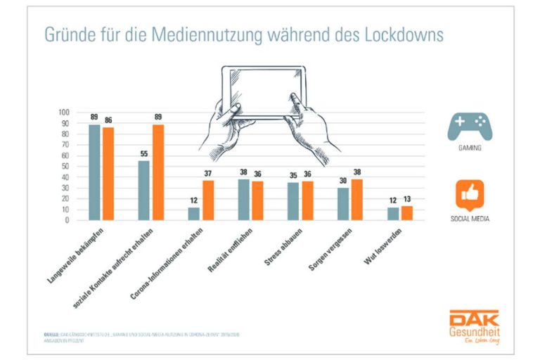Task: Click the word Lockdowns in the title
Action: [404, 34]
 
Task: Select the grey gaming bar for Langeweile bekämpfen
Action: [94, 172]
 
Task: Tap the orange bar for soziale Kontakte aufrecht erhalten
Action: [157, 172]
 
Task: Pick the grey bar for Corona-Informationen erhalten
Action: [193, 214]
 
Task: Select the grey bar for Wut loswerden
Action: [394, 214]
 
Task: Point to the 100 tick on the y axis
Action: [64, 112]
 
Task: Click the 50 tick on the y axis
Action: [66, 166]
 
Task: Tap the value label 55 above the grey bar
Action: [143, 154]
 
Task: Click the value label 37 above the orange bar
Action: [208, 174]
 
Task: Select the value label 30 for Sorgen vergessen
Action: [342, 181]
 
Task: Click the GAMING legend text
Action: [470, 149]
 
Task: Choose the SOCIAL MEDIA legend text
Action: [470, 219]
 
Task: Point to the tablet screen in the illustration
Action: [264, 91]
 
